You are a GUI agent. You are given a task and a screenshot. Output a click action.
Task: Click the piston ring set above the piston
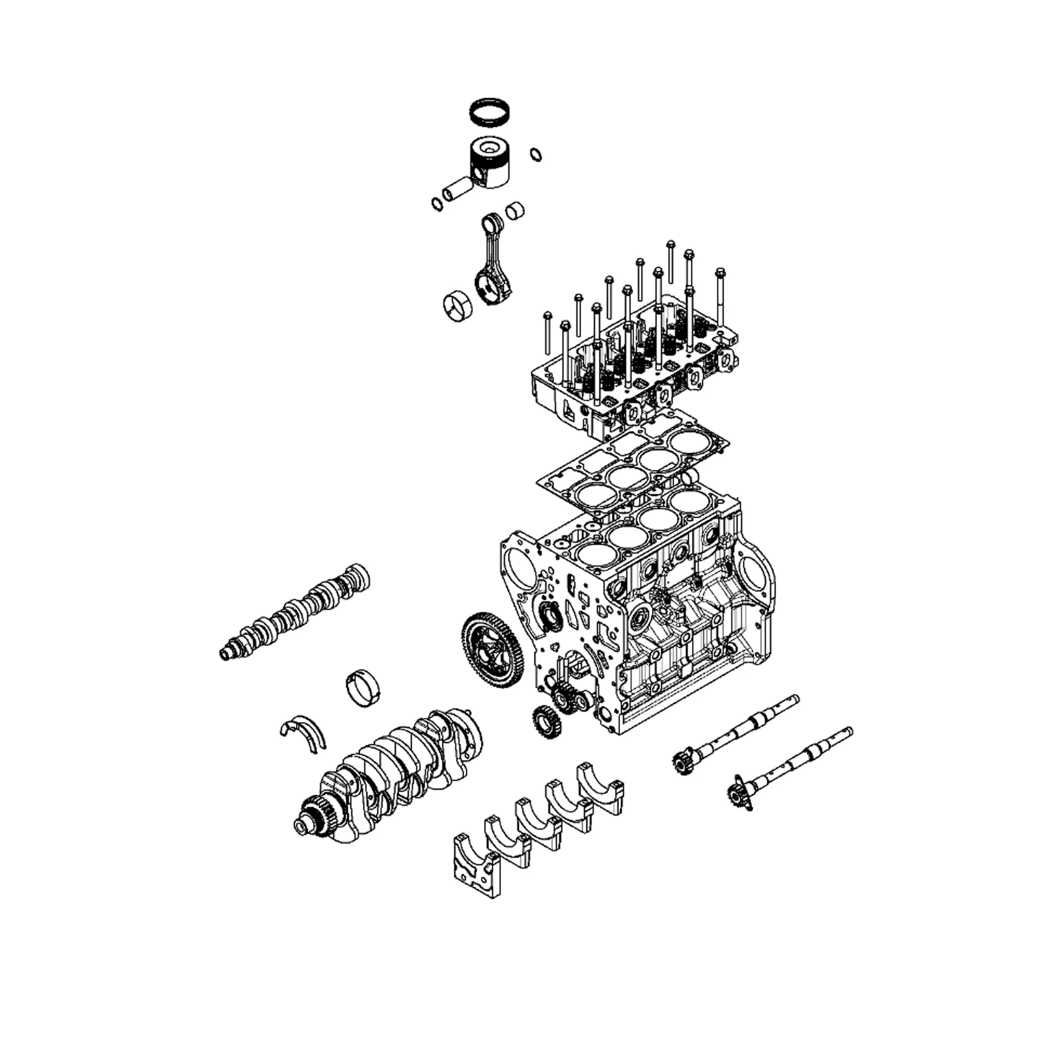(491, 111)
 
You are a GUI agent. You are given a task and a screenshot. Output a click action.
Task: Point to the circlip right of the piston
(536, 154)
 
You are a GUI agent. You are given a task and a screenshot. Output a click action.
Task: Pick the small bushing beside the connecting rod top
(515, 210)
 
